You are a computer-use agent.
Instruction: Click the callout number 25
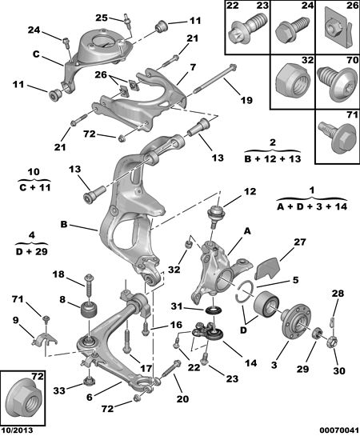(102, 18)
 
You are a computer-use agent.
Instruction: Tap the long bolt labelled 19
(215, 78)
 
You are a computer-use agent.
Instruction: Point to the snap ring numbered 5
(245, 294)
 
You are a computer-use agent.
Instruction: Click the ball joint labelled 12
(216, 216)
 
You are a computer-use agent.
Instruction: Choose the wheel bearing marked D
(266, 304)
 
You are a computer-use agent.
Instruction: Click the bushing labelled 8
(90, 311)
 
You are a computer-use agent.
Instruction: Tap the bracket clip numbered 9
(45, 338)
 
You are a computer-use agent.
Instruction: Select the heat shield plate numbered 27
(268, 267)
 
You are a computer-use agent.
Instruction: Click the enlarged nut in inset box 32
(293, 82)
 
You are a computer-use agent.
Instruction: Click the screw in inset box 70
(338, 83)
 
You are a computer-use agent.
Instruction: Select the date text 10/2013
(18, 430)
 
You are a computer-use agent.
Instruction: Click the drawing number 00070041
(339, 430)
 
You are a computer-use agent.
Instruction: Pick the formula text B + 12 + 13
(273, 158)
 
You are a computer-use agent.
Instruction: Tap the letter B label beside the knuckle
(64, 224)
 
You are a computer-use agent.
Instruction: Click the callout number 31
(177, 306)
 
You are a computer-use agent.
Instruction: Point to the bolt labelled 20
(170, 369)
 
